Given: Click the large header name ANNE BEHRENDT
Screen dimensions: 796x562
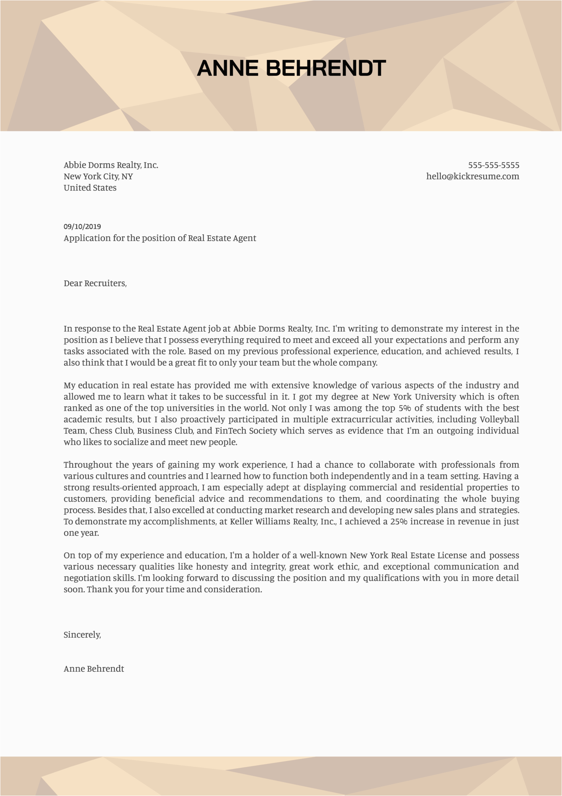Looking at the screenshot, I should tap(291, 68).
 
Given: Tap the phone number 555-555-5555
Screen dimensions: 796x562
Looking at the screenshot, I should tap(493, 165).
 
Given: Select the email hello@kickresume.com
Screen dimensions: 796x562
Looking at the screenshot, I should tap(472, 176).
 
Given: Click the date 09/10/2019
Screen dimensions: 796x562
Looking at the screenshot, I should tap(82, 226).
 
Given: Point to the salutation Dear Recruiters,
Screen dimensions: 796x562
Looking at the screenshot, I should tap(95, 283).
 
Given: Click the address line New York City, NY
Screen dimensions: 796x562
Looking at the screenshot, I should tap(98, 176).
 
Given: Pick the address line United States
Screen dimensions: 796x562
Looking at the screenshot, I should tap(90, 188).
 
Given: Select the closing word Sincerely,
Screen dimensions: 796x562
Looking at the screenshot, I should tap(82, 635).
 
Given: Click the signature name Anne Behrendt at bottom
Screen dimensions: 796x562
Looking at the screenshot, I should tap(94, 669).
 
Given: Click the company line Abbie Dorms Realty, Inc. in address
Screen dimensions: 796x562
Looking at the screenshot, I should tap(111, 165).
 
